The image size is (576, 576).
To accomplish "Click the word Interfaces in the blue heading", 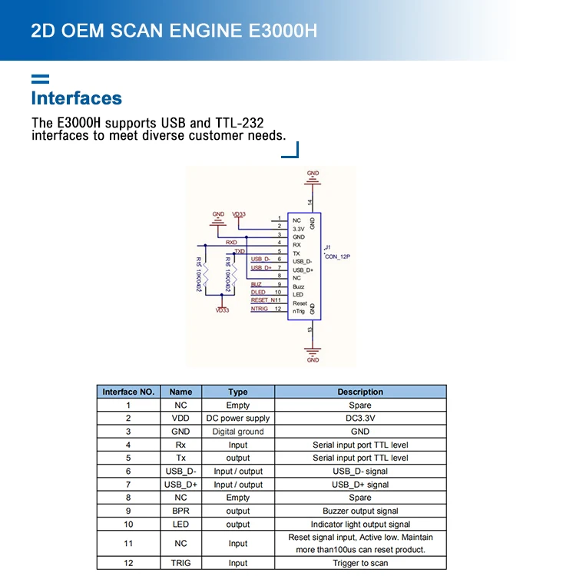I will pyautogui.click(x=76, y=98).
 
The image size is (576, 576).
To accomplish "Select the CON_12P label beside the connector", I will pyautogui.click(x=337, y=257).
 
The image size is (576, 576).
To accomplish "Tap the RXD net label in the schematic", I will pyautogui.click(x=231, y=243).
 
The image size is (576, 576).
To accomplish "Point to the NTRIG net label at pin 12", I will pyautogui.click(x=260, y=309).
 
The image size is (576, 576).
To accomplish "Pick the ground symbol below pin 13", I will pyautogui.click(x=312, y=354).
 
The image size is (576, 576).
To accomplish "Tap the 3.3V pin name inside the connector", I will pyautogui.click(x=299, y=228).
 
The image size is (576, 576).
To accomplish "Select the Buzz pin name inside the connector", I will pyautogui.click(x=299, y=286).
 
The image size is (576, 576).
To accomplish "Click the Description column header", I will pyautogui.click(x=359, y=392).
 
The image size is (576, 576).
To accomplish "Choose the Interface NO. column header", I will pyautogui.click(x=128, y=392).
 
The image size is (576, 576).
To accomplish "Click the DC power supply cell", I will pyautogui.click(x=238, y=419).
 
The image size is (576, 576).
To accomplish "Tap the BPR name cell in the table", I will pyautogui.click(x=180, y=511).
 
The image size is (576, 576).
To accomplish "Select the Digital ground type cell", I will pyautogui.click(x=238, y=432).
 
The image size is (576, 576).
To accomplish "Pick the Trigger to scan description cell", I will pyautogui.click(x=359, y=563).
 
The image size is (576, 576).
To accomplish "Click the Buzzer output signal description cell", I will pyautogui.click(x=359, y=511).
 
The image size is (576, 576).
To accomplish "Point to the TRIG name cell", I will pyautogui.click(x=180, y=563).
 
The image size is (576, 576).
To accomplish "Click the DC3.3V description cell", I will pyautogui.click(x=359, y=419).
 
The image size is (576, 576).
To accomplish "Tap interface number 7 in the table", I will pyautogui.click(x=128, y=485).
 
